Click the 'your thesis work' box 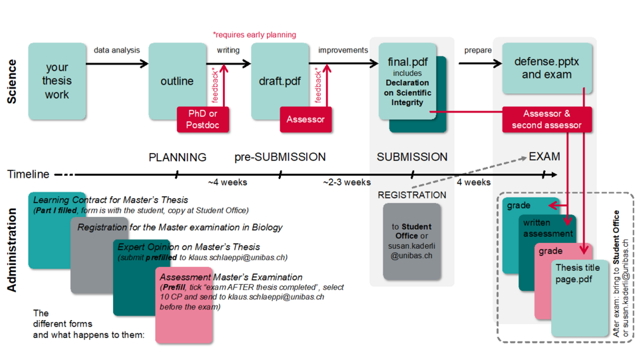57,81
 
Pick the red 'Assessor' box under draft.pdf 306,119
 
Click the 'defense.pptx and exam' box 546,68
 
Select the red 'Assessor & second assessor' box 546,119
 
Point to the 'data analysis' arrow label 117,50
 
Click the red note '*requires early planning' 254,35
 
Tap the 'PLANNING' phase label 177,158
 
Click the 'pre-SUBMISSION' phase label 280,158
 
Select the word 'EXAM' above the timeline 544,157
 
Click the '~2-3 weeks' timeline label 347,182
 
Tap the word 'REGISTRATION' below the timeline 412,195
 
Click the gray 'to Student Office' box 412,241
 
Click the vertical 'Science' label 12,81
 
